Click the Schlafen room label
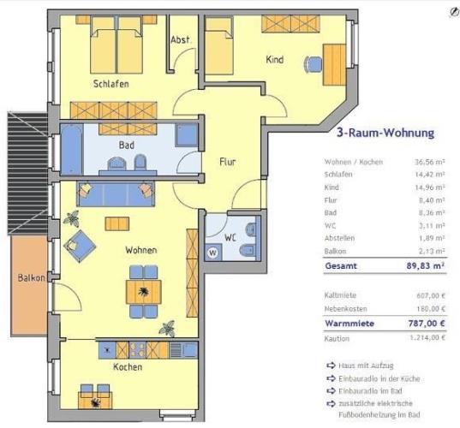click(111, 84)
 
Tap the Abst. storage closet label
click(180, 39)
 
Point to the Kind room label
click(275, 60)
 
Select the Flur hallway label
click(228, 162)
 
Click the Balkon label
click(32, 277)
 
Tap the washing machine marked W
click(213, 253)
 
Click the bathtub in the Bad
click(72, 149)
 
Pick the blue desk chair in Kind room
click(313, 64)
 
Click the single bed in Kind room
click(219, 45)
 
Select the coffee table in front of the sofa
click(117, 223)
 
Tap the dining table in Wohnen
click(143, 292)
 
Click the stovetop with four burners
click(138, 350)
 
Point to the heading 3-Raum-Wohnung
click(385, 133)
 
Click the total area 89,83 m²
click(426, 266)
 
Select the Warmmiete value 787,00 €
click(427, 324)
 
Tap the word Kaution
click(337, 339)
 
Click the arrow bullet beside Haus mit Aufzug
click(331, 366)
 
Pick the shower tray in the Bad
click(187, 135)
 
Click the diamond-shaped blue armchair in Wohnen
click(80, 247)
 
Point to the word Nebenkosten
click(345, 309)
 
